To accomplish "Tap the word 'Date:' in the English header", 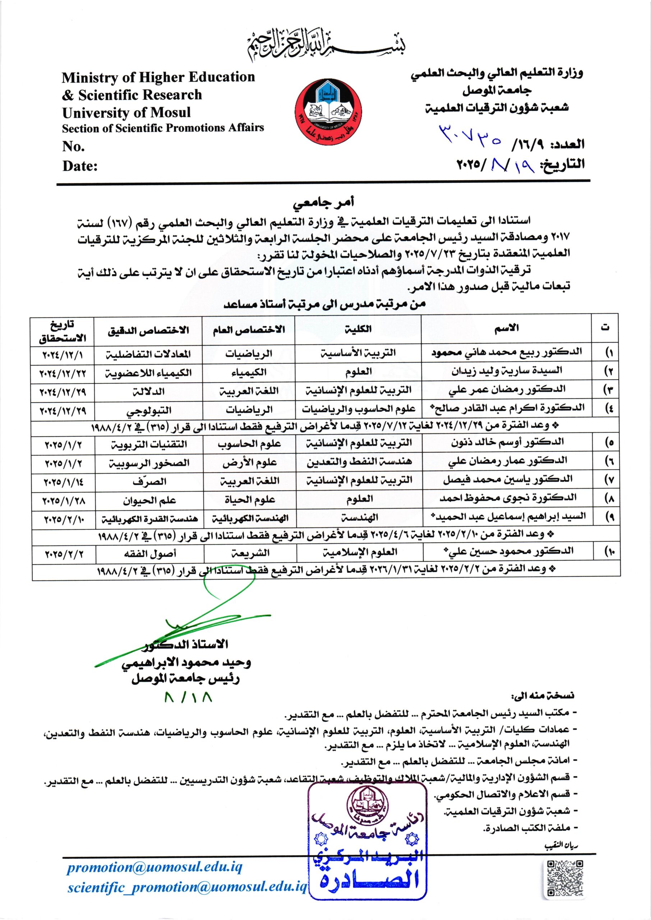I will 80,166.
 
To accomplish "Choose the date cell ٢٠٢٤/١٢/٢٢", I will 63,372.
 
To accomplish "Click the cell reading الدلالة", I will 149,391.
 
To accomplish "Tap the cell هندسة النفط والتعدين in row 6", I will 359,462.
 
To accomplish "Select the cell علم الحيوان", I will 149,500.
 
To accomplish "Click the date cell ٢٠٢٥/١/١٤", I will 63,481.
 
